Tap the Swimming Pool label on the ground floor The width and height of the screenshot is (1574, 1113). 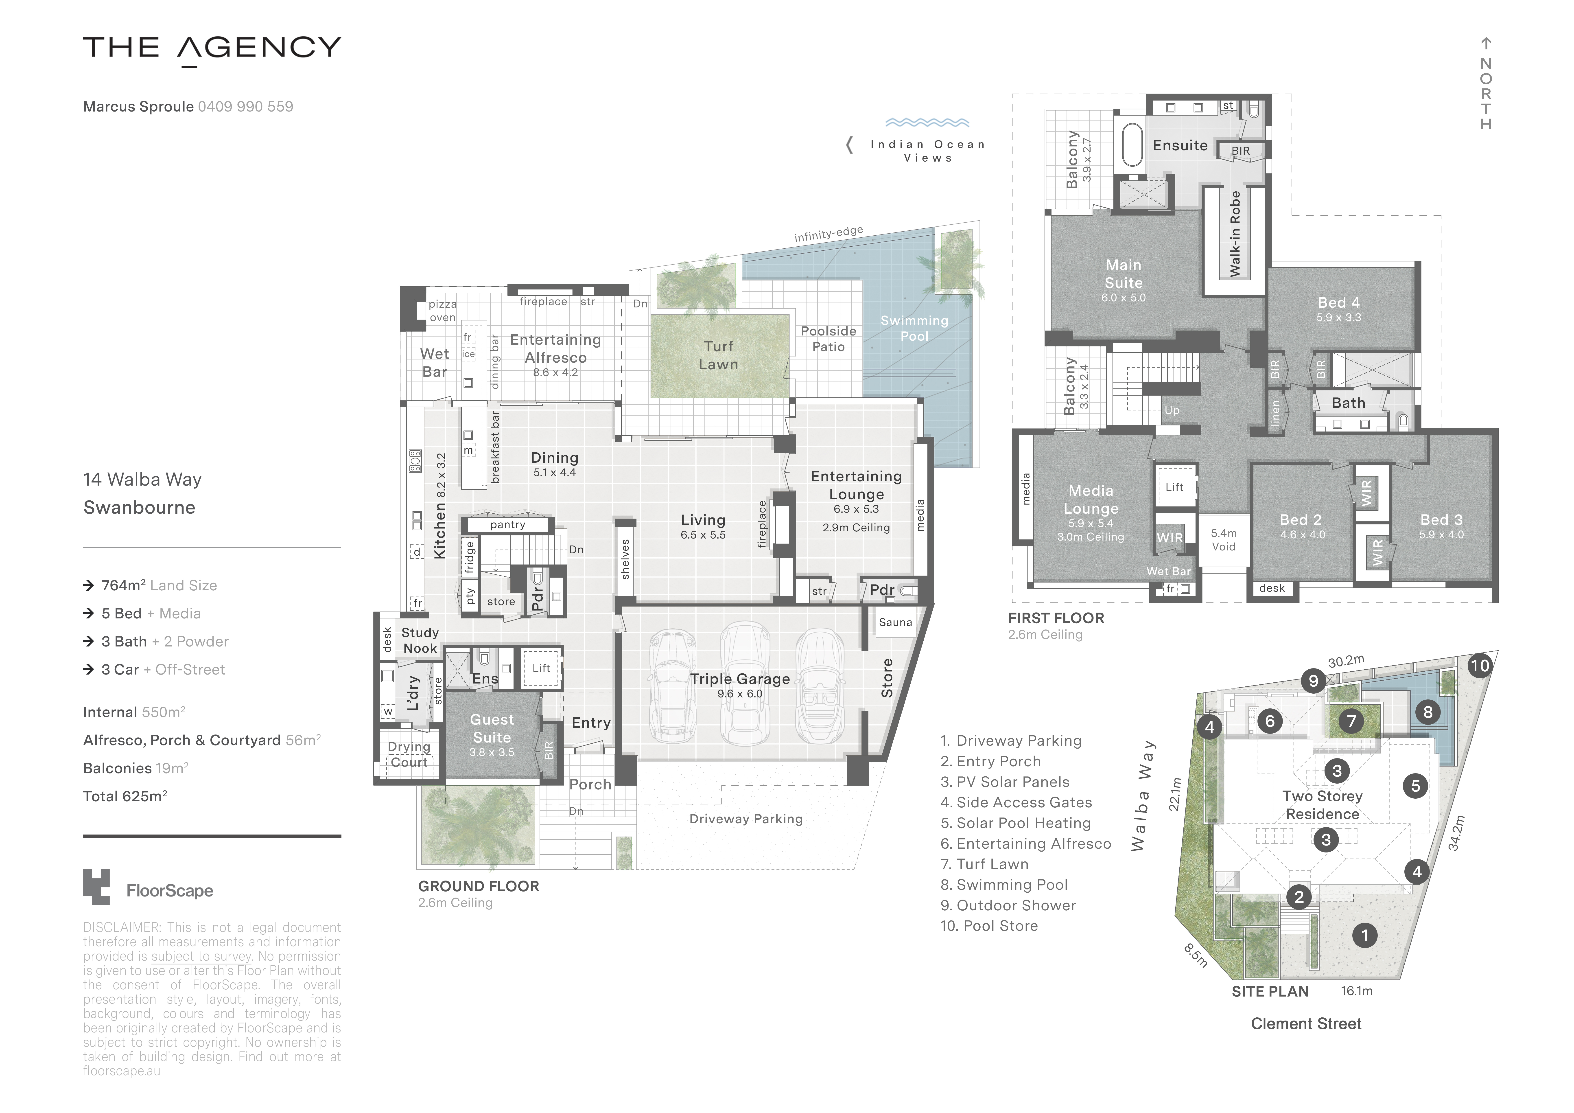pyautogui.click(x=914, y=329)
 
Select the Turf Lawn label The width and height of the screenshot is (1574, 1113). pyautogui.click(x=718, y=355)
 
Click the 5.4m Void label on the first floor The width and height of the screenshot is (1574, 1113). pyautogui.click(x=1224, y=540)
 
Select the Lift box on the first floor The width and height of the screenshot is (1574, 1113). pyautogui.click(x=1174, y=487)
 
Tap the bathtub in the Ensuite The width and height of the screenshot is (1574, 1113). pyautogui.click(x=1132, y=145)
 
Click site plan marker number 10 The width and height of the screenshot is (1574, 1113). pyautogui.click(x=1479, y=665)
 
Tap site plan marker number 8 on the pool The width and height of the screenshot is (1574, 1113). pyautogui.click(x=1427, y=712)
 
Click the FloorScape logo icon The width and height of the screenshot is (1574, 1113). pyautogui.click(x=97, y=887)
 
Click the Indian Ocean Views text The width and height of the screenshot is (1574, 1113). pyautogui.click(x=927, y=151)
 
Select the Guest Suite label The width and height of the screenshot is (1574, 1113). pyautogui.click(x=492, y=728)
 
